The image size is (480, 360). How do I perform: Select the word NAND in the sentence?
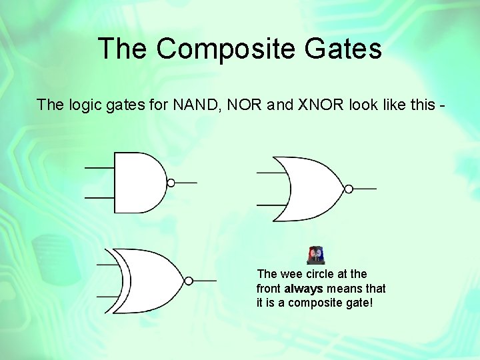click(x=193, y=105)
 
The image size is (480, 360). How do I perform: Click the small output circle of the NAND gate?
click(x=171, y=183)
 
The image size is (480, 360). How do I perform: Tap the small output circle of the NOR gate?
click(x=347, y=188)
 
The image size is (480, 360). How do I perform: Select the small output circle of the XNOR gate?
click(x=189, y=281)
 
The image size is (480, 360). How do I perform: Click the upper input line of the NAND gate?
click(x=99, y=167)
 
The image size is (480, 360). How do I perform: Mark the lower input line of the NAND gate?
click(x=99, y=198)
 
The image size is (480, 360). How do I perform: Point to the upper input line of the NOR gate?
click(x=270, y=173)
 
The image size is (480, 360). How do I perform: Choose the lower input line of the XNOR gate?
click(x=109, y=295)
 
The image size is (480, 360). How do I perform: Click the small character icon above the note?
click(x=316, y=255)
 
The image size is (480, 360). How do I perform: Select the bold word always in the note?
click(x=303, y=289)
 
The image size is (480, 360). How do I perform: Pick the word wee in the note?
click(x=289, y=274)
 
